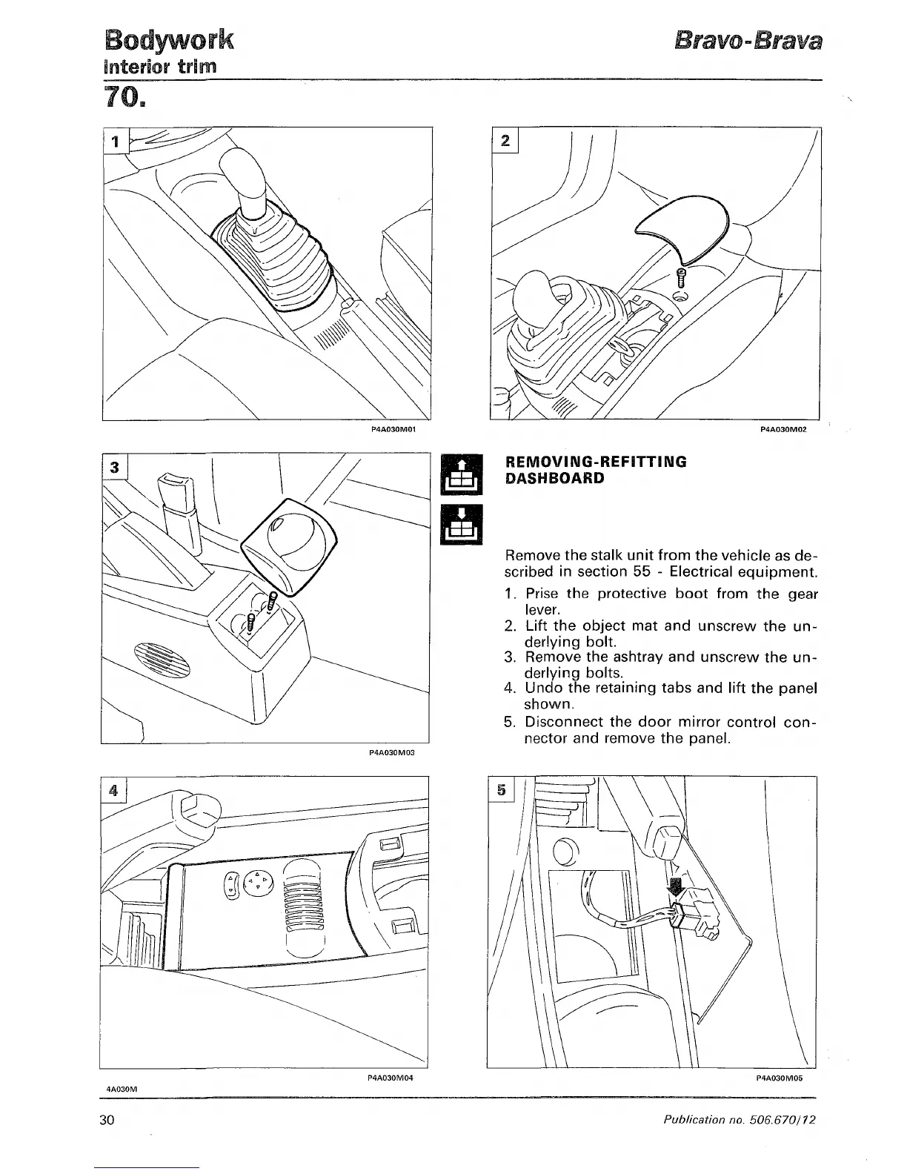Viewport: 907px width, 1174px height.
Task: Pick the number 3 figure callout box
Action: (x=115, y=468)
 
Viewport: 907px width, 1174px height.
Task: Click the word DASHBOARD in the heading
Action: (x=554, y=478)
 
